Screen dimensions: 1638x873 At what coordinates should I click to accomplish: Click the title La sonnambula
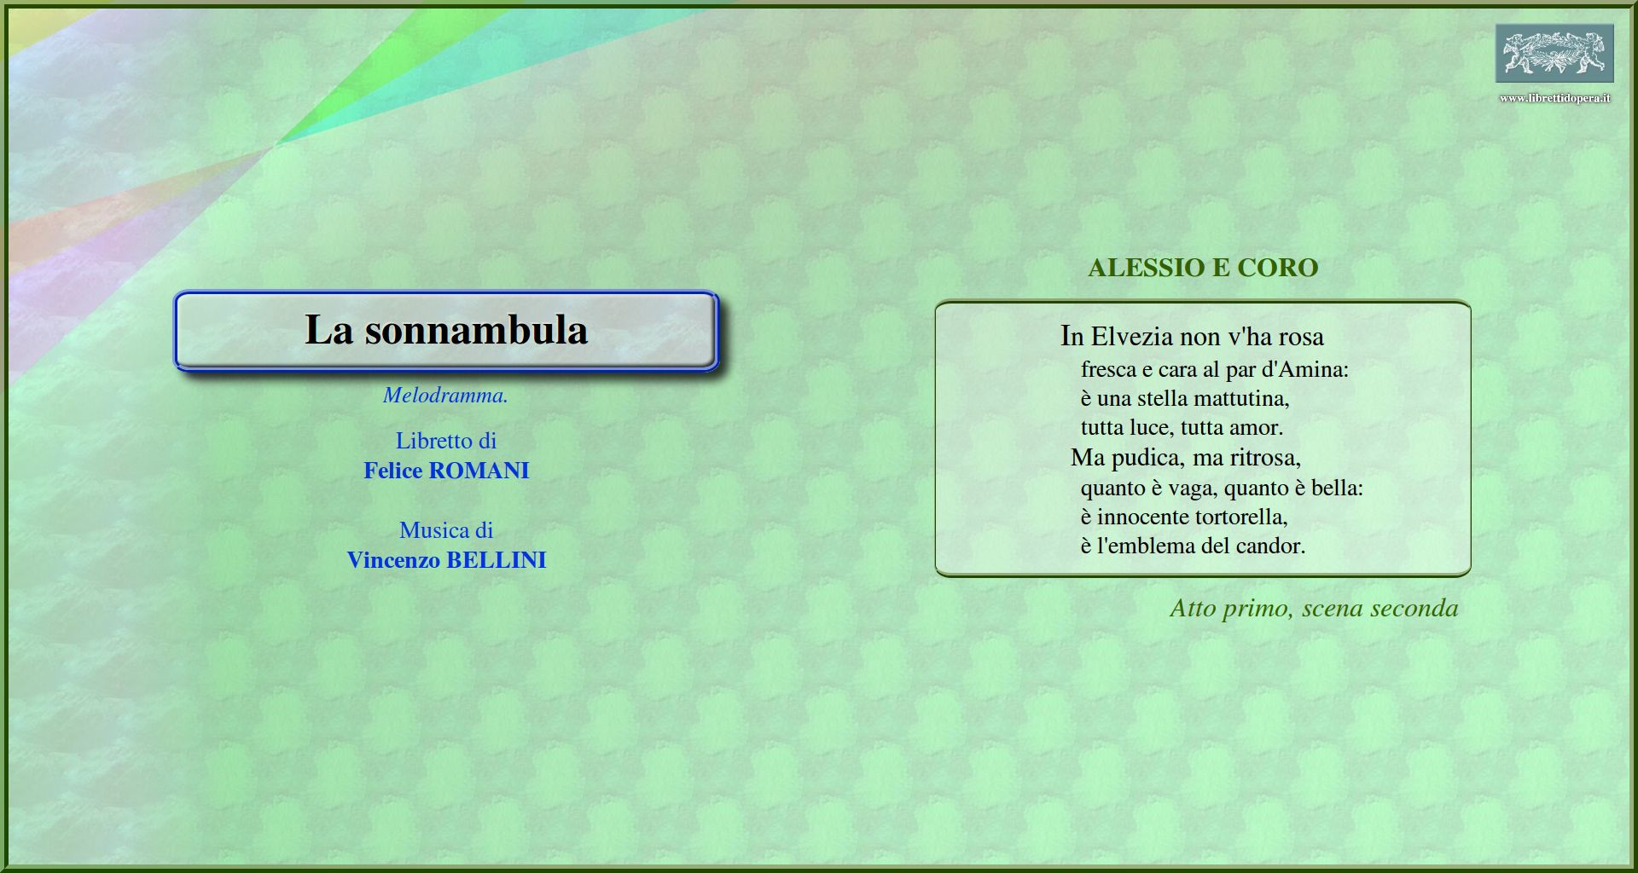click(446, 330)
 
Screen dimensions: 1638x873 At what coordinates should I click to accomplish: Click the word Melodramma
click(445, 395)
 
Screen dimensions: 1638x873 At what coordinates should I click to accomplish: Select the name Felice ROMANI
click(446, 471)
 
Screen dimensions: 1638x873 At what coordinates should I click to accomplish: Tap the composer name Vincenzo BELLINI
click(446, 560)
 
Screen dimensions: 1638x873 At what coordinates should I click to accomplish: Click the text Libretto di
click(446, 441)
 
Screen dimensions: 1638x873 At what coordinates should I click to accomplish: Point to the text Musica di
click(446, 530)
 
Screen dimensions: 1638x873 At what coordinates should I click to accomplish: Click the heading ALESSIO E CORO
click(1203, 268)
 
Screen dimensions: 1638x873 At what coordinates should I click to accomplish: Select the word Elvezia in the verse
click(1132, 336)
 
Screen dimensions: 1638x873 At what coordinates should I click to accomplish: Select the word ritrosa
click(1265, 458)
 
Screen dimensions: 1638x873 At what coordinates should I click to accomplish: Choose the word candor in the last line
click(1269, 546)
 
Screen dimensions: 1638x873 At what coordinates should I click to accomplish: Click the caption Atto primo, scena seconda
click(1314, 608)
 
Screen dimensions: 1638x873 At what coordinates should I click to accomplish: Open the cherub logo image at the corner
click(1554, 53)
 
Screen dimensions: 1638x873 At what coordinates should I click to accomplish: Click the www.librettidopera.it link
click(1554, 98)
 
